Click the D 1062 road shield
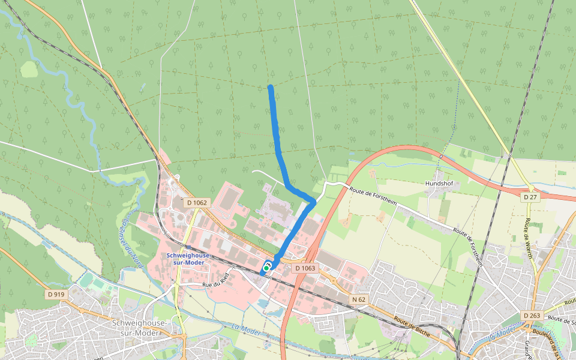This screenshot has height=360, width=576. pos(197,203)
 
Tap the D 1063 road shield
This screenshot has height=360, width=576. pos(305,268)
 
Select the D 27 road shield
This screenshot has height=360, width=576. pos(529,197)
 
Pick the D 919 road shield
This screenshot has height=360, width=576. pos(55,294)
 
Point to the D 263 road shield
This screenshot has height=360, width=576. pos(532,316)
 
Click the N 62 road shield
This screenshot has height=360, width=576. pos(359,299)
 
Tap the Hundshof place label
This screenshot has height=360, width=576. pos(442,184)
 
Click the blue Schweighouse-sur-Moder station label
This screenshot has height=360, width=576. pos(188,259)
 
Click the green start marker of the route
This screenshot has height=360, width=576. pos(266,268)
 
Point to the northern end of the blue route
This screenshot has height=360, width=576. pos(271,88)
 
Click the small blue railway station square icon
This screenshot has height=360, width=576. pos(188,247)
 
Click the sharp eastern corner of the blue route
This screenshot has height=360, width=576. pos(313,202)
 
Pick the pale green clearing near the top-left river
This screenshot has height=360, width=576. pos(29,70)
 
